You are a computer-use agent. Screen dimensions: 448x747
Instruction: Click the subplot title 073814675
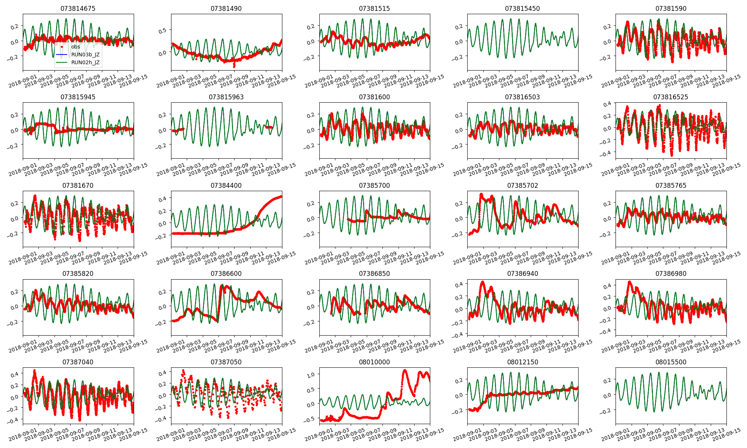pos(78,9)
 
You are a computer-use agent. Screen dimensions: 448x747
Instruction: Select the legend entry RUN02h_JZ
pos(85,62)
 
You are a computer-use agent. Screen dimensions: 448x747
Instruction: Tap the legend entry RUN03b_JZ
pos(85,55)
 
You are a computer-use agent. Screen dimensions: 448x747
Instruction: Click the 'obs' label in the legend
pos(76,47)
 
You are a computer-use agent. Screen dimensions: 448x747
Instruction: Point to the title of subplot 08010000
pos(374,362)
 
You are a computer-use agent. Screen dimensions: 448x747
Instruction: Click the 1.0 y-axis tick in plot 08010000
pos(310,374)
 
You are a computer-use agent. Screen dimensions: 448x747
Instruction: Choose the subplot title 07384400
pos(226,186)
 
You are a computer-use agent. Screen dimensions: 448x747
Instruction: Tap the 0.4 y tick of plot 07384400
pos(162,199)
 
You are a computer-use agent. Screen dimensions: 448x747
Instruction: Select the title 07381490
pos(226,9)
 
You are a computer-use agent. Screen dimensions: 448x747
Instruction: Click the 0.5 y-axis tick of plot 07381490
pos(162,31)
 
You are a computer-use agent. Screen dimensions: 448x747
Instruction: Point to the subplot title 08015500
pos(671,362)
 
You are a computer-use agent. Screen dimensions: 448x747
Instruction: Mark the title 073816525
pos(671,97)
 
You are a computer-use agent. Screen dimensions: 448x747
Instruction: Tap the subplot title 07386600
pos(226,274)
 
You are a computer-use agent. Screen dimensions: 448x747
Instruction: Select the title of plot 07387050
pos(226,362)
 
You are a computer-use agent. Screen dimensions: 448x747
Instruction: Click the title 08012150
pos(523,362)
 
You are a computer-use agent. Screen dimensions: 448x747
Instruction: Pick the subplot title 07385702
pos(523,186)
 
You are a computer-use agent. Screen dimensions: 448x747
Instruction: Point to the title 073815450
pos(523,9)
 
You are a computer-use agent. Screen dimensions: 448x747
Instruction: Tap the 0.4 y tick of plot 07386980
pos(607,286)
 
